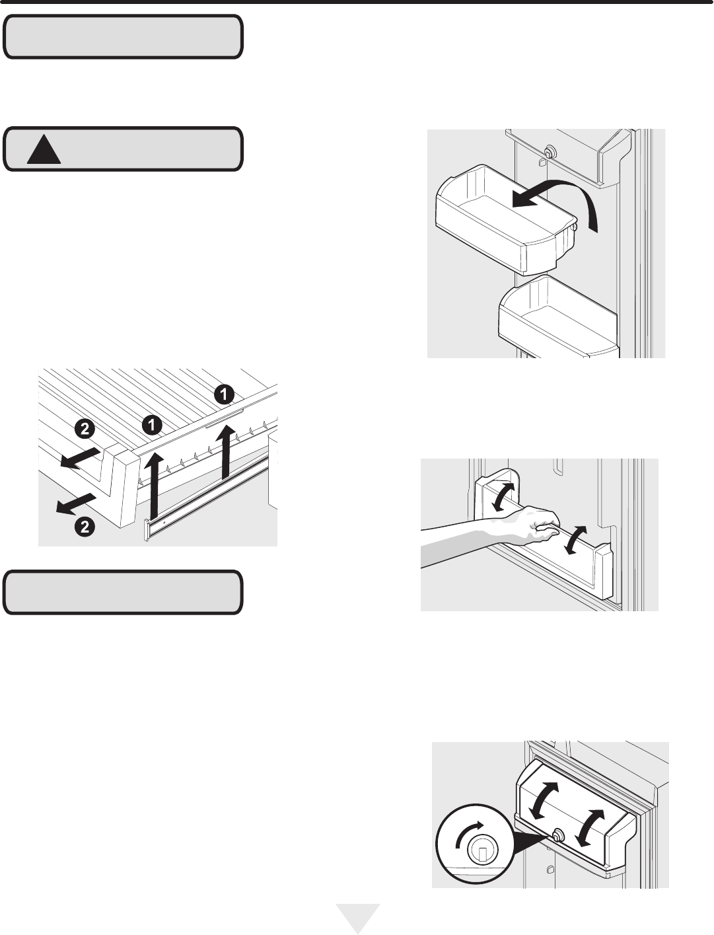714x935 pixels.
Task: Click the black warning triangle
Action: pyautogui.click(x=44, y=151)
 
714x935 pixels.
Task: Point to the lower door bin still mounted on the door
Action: pyautogui.click(x=557, y=317)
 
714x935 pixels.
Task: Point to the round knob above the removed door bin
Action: pyautogui.click(x=550, y=151)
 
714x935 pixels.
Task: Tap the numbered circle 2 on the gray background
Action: pyautogui.click(x=85, y=527)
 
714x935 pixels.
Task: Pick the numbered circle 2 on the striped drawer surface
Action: pyautogui.click(x=85, y=429)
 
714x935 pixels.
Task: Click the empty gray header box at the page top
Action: pyautogui.click(x=123, y=36)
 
